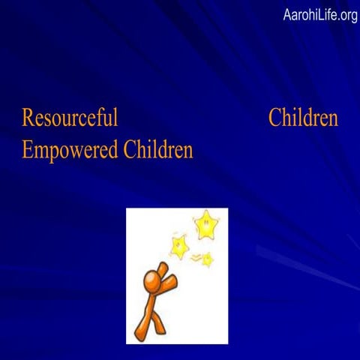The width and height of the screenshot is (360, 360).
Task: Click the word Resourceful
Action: tap(70, 118)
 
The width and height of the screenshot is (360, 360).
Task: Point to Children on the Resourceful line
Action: tap(302, 118)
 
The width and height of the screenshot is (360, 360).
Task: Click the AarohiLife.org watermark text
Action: tap(320, 15)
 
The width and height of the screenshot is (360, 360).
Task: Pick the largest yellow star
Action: tap(205, 224)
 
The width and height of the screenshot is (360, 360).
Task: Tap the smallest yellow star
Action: tap(207, 259)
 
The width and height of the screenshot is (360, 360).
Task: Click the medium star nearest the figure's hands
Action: tap(179, 245)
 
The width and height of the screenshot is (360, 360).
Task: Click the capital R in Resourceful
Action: tap(28, 118)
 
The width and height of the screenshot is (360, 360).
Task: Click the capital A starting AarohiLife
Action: tap(288, 15)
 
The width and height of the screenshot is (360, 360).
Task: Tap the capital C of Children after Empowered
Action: tap(128, 150)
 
